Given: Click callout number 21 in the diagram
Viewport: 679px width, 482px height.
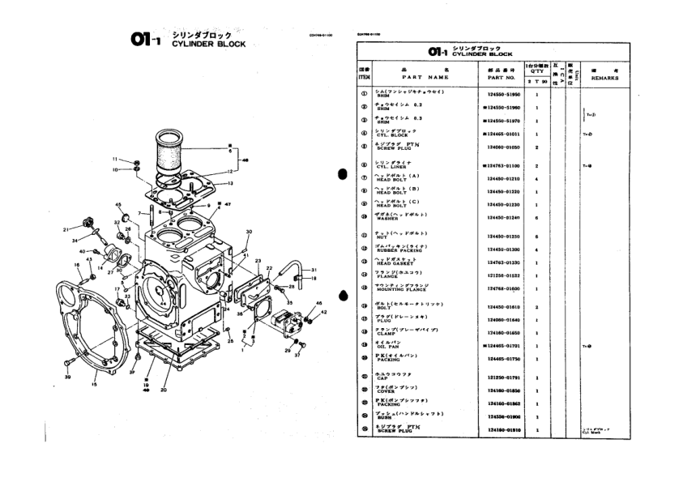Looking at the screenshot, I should pos(65,230).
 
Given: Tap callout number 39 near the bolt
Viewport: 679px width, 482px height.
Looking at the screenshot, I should pos(68,377).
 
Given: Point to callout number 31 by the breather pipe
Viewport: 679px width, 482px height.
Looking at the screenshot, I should pos(314,270).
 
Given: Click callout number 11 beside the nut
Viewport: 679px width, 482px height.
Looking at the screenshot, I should pos(115,160).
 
